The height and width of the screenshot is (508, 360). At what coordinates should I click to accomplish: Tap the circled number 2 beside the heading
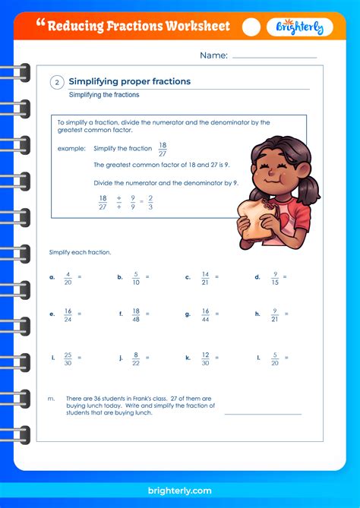57,84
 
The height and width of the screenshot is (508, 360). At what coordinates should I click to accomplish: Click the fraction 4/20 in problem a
68,277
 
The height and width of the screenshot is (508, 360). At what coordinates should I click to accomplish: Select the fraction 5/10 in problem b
135,277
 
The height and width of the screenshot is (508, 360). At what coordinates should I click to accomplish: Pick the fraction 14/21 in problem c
204,277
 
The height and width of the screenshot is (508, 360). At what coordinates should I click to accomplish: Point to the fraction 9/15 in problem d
274,277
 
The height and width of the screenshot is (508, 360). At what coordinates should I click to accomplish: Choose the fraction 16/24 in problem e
68,313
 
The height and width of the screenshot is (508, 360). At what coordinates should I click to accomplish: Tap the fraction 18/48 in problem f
136,313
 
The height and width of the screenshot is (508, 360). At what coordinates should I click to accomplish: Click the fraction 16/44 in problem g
204,313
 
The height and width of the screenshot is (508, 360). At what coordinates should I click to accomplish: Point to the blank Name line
274,57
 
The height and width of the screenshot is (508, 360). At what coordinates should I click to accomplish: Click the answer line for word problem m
263,414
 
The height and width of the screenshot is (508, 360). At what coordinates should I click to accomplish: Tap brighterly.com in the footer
180,491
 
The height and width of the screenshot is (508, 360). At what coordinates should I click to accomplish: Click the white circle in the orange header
251,27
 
